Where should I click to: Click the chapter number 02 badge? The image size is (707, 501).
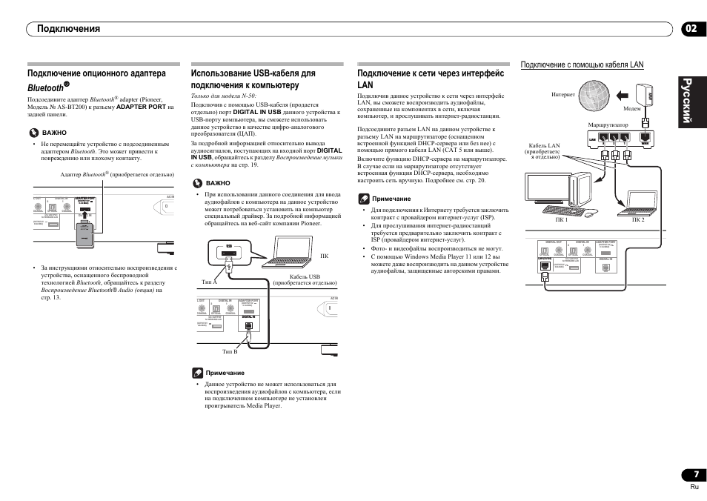(691, 29)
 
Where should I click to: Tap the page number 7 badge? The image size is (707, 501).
(694, 474)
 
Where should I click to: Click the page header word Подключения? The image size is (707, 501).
(64, 29)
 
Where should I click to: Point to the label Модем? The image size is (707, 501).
(631, 108)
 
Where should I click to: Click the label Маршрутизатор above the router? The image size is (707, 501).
(608, 125)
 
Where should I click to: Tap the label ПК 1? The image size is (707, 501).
(561, 219)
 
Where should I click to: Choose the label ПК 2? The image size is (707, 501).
(638, 219)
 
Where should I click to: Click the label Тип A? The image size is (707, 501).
(209, 282)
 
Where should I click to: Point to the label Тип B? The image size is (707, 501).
(230, 351)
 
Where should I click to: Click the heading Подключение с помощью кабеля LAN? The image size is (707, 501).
(582, 66)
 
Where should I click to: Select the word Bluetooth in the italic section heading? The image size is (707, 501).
(44, 88)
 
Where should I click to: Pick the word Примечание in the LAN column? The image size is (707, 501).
(391, 199)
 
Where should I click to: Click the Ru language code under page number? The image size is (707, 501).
(694, 487)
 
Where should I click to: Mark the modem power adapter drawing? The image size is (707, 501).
(643, 93)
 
